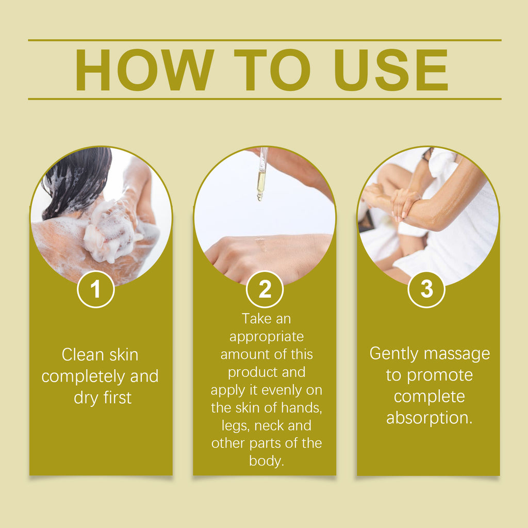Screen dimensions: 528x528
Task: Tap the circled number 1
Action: (96, 290)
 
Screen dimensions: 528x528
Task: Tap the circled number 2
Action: (265, 290)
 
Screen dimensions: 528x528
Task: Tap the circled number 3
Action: (426, 290)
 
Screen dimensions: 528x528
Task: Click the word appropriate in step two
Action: (267, 337)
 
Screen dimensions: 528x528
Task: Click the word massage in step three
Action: (459, 354)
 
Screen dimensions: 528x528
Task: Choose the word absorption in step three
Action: (429, 418)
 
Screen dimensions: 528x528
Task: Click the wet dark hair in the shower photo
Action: (77, 175)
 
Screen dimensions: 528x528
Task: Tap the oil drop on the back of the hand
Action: (261, 242)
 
